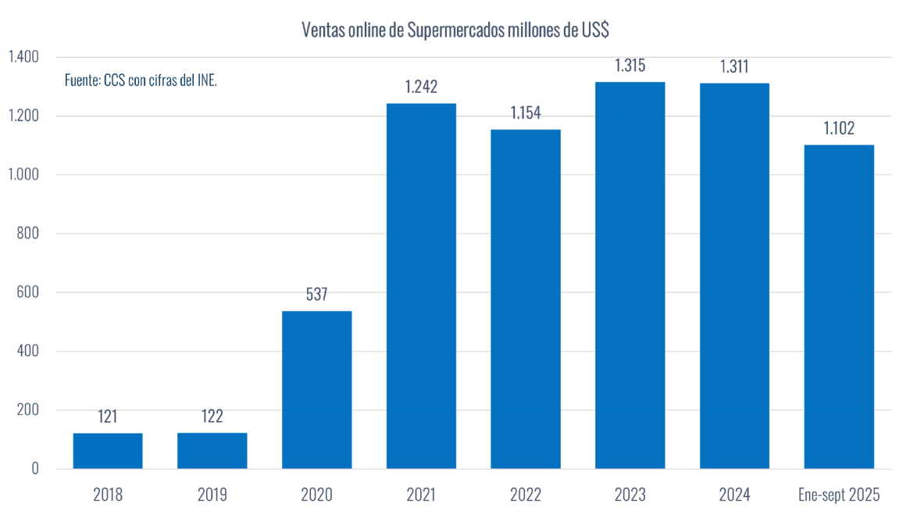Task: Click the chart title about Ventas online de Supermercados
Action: click(455, 30)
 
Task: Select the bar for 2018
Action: click(108, 451)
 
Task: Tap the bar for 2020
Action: click(316, 390)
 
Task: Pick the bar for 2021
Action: click(421, 286)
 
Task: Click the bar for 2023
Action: click(630, 275)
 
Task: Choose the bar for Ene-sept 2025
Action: click(839, 306)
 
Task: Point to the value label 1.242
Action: click(421, 87)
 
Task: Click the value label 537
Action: click(316, 294)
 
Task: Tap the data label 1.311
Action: click(734, 66)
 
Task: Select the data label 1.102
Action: click(839, 128)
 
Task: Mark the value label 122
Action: click(212, 416)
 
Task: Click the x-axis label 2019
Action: click(212, 494)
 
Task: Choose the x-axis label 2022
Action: click(525, 494)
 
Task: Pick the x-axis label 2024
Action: click(734, 494)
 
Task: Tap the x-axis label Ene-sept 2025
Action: click(839, 494)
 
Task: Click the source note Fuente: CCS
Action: click(141, 80)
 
